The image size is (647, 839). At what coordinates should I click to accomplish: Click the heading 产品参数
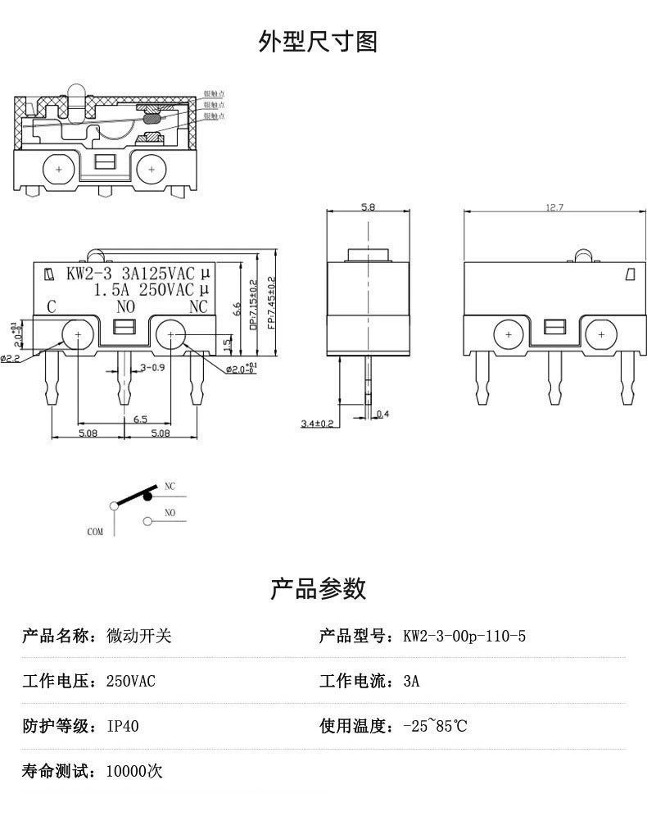[318, 588]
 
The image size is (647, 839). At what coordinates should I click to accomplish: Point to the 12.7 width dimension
[554, 208]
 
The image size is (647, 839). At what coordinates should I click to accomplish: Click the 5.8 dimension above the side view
[368, 208]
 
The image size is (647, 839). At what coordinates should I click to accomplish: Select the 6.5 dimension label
[139, 419]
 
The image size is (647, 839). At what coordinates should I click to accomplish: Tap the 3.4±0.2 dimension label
[318, 423]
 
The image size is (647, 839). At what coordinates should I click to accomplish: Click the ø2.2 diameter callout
[11, 358]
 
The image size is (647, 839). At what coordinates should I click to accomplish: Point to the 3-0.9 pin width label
[152, 367]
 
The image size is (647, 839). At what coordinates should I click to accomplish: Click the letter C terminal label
[51, 307]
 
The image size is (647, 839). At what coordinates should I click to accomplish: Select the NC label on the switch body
[198, 307]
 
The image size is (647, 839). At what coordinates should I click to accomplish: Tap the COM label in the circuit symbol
[95, 532]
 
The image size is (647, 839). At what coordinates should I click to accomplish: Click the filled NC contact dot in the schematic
[148, 494]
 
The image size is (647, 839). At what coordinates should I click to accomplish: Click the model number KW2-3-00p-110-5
[464, 636]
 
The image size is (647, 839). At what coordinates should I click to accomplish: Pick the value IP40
[122, 726]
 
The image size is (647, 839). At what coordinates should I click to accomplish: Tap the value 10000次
[134, 771]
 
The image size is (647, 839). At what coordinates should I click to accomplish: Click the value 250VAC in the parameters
[131, 681]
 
